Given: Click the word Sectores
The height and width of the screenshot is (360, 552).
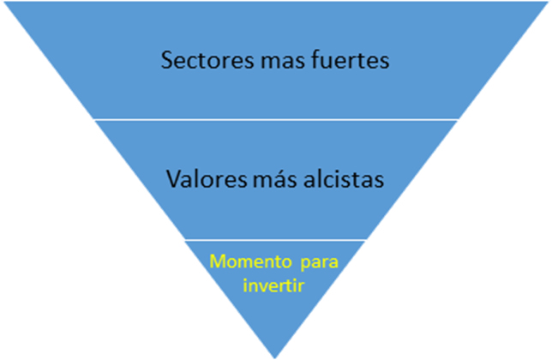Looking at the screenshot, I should [x=202, y=62].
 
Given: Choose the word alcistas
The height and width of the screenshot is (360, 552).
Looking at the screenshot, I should [x=339, y=181].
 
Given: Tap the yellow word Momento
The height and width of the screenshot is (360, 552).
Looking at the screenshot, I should [x=244, y=260].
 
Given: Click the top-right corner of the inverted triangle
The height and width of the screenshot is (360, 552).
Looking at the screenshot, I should [x=548, y=3].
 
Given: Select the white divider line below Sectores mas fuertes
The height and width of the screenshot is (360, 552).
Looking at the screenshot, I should [x=275, y=119].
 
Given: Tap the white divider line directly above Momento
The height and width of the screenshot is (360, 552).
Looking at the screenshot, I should [x=275, y=240].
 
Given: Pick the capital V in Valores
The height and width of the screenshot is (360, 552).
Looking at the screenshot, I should [x=172, y=181].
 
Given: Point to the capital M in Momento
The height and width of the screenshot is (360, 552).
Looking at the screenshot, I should [x=217, y=260].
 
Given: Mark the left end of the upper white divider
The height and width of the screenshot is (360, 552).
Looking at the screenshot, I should [x=93, y=119].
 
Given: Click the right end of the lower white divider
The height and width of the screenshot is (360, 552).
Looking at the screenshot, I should [x=366, y=240].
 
